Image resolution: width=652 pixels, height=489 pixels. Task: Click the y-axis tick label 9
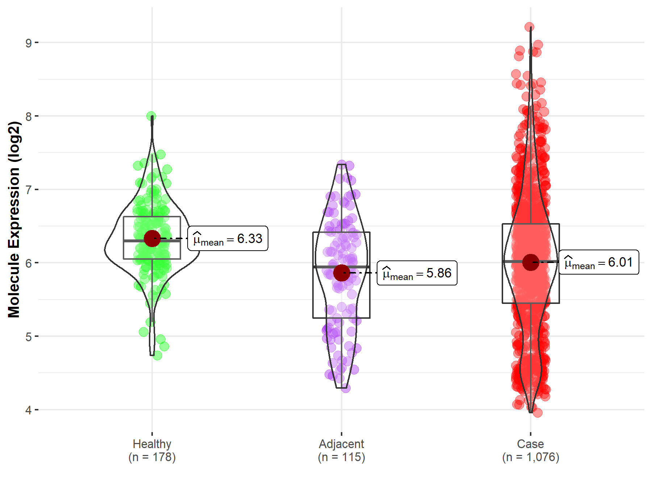pos(29,43)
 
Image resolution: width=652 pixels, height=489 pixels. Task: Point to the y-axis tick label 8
pos(29,117)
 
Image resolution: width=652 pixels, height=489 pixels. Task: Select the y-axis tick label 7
pos(29,190)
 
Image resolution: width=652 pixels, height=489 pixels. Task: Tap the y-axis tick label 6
pos(29,263)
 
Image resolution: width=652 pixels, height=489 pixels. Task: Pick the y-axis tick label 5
pos(29,337)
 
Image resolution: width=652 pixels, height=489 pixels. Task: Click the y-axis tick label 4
pos(29,410)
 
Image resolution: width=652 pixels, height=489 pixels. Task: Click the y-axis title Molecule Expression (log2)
pos(14,220)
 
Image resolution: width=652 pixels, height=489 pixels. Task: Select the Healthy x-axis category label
pos(152,444)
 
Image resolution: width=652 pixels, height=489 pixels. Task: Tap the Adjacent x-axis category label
pos(341,444)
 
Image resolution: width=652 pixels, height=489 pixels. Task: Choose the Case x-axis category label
pos(530,444)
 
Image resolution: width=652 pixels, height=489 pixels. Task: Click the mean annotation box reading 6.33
pos(228,239)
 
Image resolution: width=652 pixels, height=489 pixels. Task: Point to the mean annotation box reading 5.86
pos(417,273)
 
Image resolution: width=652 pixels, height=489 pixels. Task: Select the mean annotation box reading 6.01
pos(599,262)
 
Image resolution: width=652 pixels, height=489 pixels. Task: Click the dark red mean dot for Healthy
pos(152,238)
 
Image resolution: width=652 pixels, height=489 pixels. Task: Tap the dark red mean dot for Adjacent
pos(341,273)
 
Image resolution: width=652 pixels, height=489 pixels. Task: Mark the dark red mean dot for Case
pos(531,262)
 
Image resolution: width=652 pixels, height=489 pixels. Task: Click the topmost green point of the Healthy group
pos(151,116)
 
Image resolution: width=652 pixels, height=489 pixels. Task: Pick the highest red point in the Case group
pos(529,27)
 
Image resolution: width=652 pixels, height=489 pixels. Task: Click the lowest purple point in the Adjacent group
pos(346,388)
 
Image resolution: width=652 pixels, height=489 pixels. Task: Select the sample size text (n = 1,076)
pos(530,457)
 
